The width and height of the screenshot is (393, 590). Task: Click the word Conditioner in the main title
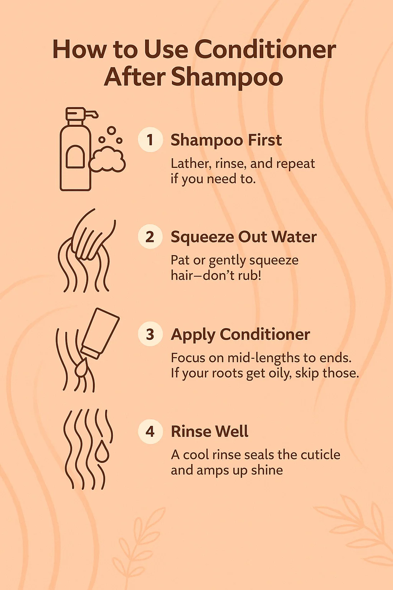tap(265, 50)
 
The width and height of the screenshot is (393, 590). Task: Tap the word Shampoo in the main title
tap(227, 77)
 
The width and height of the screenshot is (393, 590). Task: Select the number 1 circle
tap(150, 140)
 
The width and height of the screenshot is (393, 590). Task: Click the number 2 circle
tap(150, 237)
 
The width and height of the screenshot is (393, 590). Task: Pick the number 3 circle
tap(150, 334)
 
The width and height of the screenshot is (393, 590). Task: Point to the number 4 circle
tap(150, 431)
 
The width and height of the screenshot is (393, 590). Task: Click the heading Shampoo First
tap(226, 140)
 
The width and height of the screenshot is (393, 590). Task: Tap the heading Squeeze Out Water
tap(243, 237)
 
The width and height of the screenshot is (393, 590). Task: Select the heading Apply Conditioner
tap(240, 335)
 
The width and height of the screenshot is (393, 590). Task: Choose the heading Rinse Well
tap(210, 431)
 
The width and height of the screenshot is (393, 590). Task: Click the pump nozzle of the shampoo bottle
tap(92, 114)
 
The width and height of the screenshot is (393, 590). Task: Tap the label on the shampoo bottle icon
tap(75, 157)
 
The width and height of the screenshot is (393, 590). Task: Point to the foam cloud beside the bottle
tap(107, 161)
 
